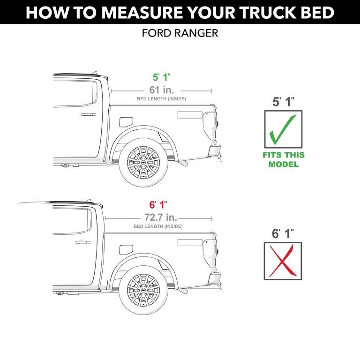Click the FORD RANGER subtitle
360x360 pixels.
pos(180,34)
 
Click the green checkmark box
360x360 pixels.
pos(284,128)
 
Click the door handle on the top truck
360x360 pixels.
pos(88,114)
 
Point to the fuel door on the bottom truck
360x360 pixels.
pos(126,249)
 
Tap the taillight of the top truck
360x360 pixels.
pos(207,121)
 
